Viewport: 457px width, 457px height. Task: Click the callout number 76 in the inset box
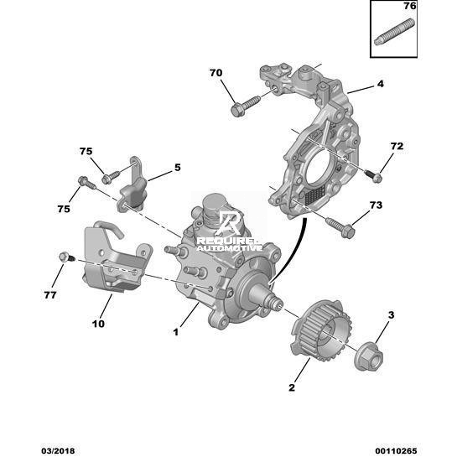pyautogui.click(x=409, y=6)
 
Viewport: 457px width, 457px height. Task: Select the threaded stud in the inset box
pyautogui.click(x=394, y=32)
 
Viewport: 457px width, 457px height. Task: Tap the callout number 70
pyautogui.click(x=216, y=73)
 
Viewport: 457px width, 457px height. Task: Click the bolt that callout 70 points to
pyautogui.click(x=246, y=106)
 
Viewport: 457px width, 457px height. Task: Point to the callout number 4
pyautogui.click(x=381, y=84)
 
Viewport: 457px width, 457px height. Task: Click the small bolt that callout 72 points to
pyautogui.click(x=373, y=175)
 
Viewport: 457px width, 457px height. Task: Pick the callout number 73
pyautogui.click(x=376, y=205)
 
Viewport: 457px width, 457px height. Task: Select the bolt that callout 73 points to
pyautogui.click(x=340, y=228)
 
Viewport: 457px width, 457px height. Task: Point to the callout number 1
pyautogui.click(x=176, y=332)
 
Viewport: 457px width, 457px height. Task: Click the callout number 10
pyautogui.click(x=98, y=324)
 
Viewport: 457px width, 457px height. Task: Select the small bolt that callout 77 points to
pyautogui.click(x=67, y=257)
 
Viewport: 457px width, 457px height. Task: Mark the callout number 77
pyautogui.click(x=50, y=295)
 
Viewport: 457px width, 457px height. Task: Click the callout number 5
pyautogui.click(x=178, y=168)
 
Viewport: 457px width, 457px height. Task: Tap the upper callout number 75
pyautogui.click(x=86, y=151)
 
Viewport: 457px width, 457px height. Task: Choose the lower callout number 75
pyautogui.click(x=64, y=209)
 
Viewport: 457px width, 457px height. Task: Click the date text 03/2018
pyautogui.click(x=58, y=451)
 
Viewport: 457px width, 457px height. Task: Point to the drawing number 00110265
pyautogui.click(x=396, y=451)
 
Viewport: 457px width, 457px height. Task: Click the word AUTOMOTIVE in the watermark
pyautogui.click(x=230, y=248)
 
